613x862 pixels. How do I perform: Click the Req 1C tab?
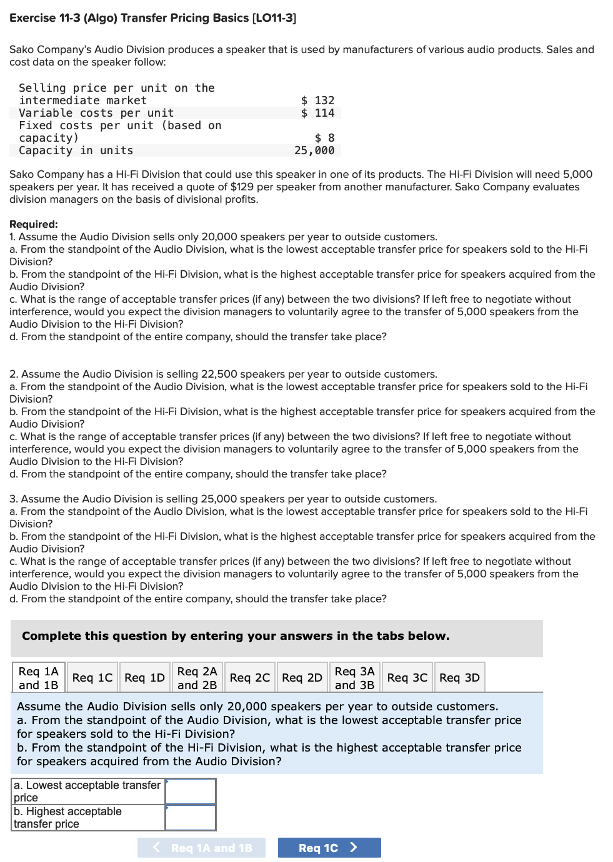coord(92,678)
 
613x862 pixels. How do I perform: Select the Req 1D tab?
coord(144,678)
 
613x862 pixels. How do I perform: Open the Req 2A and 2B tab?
coord(197,678)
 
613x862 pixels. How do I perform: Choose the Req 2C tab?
coord(250,678)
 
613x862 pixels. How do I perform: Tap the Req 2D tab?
coord(302,678)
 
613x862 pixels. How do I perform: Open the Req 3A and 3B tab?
coord(354,678)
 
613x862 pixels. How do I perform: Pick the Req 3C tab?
coord(407,678)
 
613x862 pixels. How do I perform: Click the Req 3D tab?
coord(459,678)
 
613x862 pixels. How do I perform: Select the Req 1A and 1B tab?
coord(38,678)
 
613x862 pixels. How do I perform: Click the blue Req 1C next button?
coord(329,848)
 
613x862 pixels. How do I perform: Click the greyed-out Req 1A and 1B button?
coord(201,848)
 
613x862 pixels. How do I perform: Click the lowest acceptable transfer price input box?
coord(191,791)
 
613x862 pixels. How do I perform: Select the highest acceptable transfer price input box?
coord(191,818)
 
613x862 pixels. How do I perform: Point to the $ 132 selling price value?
coord(317,100)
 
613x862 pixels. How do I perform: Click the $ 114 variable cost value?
coord(317,113)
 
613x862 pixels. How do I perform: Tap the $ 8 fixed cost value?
coord(324,138)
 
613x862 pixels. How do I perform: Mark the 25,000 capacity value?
coord(314,150)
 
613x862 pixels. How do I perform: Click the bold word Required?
coord(34,224)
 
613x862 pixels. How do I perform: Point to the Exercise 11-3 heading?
coord(152,18)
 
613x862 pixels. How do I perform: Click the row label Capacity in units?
coord(76,150)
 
